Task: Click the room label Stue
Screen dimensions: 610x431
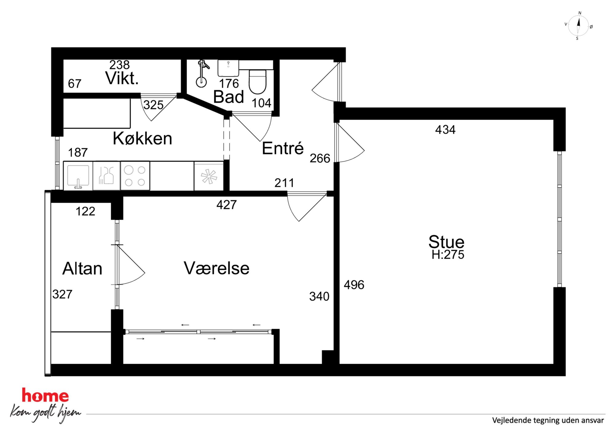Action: (x=446, y=242)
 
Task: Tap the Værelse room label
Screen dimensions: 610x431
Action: (x=216, y=268)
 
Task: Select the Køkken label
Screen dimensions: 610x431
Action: (x=142, y=138)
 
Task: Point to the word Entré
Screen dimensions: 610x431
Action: (x=283, y=148)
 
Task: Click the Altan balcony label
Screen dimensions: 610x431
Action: (x=82, y=268)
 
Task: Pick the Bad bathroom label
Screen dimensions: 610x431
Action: (x=228, y=97)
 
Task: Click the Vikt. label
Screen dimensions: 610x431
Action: (x=122, y=78)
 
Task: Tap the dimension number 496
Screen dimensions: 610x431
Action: (x=354, y=285)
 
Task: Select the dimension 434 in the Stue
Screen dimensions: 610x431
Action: (x=445, y=130)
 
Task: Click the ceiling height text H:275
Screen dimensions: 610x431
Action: (x=448, y=255)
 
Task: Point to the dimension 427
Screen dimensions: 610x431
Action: (x=227, y=205)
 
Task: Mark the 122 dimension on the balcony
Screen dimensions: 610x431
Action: (x=85, y=211)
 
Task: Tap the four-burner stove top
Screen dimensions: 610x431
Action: (x=135, y=176)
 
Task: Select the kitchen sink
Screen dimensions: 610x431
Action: (x=78, y=176)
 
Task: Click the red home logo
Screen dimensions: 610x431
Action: (x=45, y=396)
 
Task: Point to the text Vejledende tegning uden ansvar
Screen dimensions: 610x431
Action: (x=548, y=420)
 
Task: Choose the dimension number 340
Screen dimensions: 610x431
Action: (x=319, y=296)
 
